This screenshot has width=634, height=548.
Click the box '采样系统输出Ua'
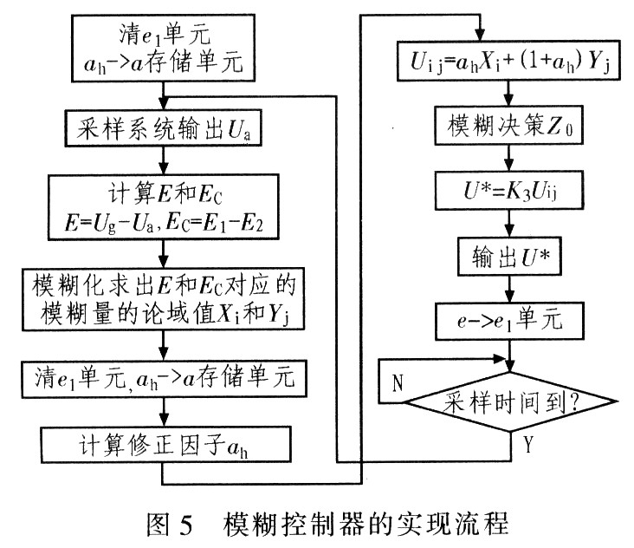[x=163, y=128]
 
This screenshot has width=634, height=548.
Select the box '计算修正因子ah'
[x=165, y=444]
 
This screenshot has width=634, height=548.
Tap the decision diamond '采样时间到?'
[x=511, y=401]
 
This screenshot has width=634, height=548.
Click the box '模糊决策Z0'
[x=508, y=125]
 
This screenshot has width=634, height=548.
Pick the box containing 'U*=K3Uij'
[x=509, y=190]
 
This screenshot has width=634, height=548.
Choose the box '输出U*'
[x=509, y=257]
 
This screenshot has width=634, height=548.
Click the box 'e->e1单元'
[x=509, y=321]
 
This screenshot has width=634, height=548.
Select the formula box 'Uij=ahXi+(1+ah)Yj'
[x=508, y=61]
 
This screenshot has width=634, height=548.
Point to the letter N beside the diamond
[x=398, y=382]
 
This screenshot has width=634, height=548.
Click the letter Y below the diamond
[x=528, y=444]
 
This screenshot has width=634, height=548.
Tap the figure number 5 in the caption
[x=185, y=525]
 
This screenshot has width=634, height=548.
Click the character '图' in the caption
[x=158, y=525]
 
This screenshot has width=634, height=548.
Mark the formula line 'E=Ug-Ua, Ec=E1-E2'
[x=164, y=224]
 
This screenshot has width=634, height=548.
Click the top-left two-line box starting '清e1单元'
[x=163, y=49]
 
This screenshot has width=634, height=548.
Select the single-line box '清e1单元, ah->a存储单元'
[x=164, y=379]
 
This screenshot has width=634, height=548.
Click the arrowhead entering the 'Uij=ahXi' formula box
[x=480, y=36]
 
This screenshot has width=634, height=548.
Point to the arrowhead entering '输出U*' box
[x=509, y=232]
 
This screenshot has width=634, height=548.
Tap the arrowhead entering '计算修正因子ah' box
[x=164, y=421]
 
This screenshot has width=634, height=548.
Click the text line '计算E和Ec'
[x=165, y=193]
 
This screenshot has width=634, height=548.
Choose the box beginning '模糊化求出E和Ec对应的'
[x=163, y=298]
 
